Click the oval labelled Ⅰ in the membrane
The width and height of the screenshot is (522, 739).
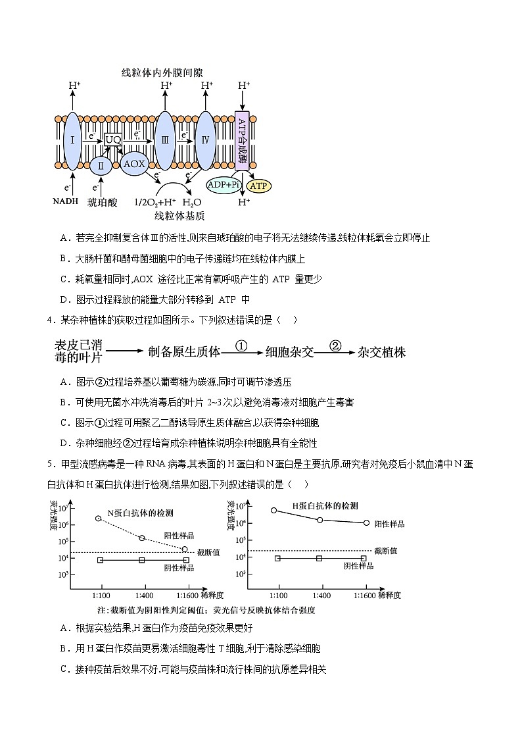pyautogui.click(x=71, y=140)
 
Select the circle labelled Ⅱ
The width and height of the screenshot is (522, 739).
pyautogui.click(x=101, y=167)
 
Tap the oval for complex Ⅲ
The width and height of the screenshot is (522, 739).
pyautogui.click(x=165, y=140)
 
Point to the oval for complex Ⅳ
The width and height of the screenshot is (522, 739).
pyautogui.click(x=206, y=140)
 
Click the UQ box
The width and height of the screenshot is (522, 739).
pyautogui.click(x=113, y=140)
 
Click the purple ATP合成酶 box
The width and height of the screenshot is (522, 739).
pyautogui.click(x=242, y=140)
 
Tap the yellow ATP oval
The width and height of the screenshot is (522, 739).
pyautogui.click(x=259, y=186)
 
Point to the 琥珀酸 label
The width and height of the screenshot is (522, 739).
pyautogui.click(x=103, y=202)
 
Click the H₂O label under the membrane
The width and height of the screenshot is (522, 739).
pyautogui.click(x=192, y=202)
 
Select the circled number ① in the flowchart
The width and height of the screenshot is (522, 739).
pyautogui.click(x=242, y=345)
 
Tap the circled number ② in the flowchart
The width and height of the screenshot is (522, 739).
pyautogui.click(x=335, y=345)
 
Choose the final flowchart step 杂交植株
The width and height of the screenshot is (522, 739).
pyautogui.click(x=381, y=352)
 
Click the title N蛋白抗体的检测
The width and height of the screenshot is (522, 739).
pyautogui.click(x=145, y=512)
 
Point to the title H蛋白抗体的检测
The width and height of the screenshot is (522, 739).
pyautogui.click(x=325, y=506)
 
